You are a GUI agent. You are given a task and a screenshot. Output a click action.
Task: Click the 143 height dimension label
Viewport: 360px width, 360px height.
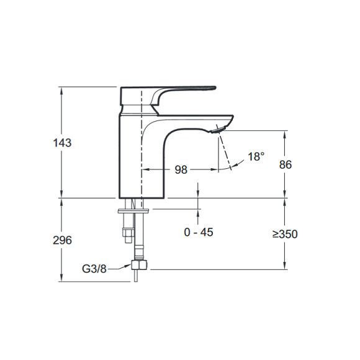pos(62,143)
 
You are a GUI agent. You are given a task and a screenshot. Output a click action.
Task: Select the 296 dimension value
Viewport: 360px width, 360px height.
pos(62,240)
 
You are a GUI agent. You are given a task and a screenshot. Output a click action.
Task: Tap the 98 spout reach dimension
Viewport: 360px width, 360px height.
pos(181,169)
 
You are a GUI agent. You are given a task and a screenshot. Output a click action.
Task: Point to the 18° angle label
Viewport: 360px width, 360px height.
pos(256,156)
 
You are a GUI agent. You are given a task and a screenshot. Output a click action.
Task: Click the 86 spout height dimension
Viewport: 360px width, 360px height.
pos(285,164)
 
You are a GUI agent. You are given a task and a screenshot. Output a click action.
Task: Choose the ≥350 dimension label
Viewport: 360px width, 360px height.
pos(285,234)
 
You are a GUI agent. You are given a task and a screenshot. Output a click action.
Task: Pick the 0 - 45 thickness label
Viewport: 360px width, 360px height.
pos(199,232)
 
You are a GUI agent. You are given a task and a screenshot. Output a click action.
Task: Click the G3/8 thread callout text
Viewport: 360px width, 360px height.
pos(94,269)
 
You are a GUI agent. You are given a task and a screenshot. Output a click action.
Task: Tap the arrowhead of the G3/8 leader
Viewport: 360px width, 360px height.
pos(128,265)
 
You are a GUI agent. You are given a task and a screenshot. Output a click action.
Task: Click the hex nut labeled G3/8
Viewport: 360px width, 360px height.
pos(139,265)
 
